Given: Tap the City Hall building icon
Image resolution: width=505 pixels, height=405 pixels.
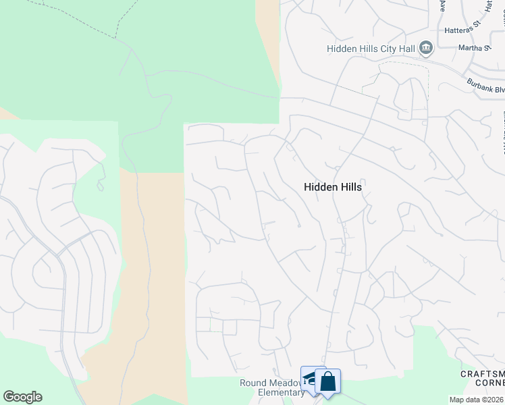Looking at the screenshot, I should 426,48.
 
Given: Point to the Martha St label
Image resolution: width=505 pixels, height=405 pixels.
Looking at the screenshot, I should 473,48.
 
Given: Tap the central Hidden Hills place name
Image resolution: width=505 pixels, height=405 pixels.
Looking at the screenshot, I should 333,187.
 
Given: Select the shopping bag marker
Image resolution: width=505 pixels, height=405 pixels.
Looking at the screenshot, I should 327,381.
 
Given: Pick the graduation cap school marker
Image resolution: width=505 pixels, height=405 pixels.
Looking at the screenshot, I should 311,379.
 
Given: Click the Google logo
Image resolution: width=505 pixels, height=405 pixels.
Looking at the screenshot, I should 23,397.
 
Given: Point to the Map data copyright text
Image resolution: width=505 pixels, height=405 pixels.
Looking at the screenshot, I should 477,400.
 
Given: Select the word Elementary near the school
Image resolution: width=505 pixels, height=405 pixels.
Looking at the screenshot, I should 282,393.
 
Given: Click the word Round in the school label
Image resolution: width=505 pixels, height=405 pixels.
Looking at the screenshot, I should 253,383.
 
